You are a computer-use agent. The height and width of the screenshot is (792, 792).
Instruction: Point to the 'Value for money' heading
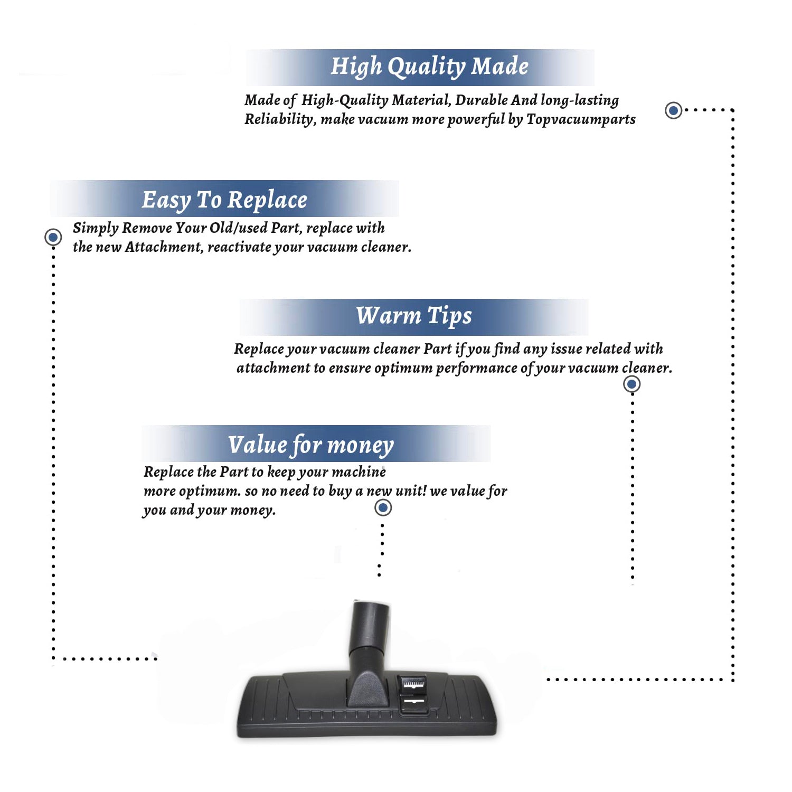pos(311,445)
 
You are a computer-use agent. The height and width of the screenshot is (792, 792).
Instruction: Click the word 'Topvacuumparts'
pos(581,120)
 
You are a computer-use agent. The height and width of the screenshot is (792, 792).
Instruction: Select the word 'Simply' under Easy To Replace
pos(96,229)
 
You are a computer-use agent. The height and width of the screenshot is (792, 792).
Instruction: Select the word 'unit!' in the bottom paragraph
pos(411,491)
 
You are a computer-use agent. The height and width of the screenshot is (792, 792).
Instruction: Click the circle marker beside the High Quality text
pos(673,110)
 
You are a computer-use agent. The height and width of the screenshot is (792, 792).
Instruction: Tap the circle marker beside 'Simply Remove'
pos(53,237)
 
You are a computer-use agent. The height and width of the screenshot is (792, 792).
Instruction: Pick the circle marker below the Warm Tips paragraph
pos(632,384)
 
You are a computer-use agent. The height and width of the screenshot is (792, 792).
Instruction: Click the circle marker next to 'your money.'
pos(383,508)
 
